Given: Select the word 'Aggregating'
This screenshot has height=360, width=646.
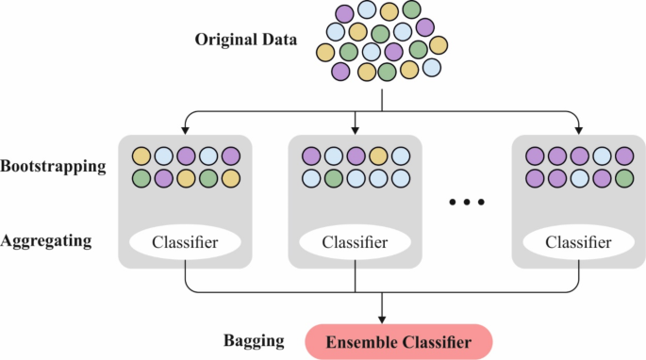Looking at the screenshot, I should pos(47,241).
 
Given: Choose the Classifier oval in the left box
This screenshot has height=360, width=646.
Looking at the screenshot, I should pos(186,243).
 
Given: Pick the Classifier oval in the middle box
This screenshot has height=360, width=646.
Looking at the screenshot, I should pos(356,243).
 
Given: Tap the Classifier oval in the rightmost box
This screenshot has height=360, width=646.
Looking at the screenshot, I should pos(577,243).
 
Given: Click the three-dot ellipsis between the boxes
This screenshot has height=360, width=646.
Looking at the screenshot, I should pos(467,202).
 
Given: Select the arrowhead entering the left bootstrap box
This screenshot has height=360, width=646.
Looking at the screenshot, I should pos(186,129).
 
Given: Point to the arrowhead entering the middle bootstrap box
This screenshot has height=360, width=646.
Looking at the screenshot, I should pos(356,129).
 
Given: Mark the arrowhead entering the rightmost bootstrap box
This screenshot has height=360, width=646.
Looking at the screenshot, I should pos(577,129).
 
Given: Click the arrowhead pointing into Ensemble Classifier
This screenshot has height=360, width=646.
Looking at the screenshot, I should pos(382,318).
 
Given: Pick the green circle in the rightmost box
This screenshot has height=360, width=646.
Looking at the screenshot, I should pos(623,177).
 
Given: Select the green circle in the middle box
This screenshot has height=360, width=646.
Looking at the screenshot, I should pos(332,177).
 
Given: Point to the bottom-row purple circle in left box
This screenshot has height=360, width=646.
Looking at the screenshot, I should pos(163,177).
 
